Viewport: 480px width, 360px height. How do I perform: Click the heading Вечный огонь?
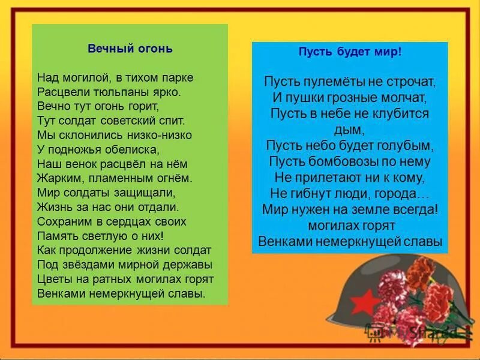pyautogui.click(x=130, y=49)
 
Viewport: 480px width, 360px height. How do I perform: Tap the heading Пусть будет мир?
pyautogui.click(x=350, y=52)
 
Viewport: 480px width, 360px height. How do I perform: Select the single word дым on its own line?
pyautogui.click(x=350, y=129)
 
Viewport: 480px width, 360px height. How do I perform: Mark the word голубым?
pyautogui.click(x=408, y=145)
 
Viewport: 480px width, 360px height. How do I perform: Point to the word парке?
pyautogui.click(x=178, y=78)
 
